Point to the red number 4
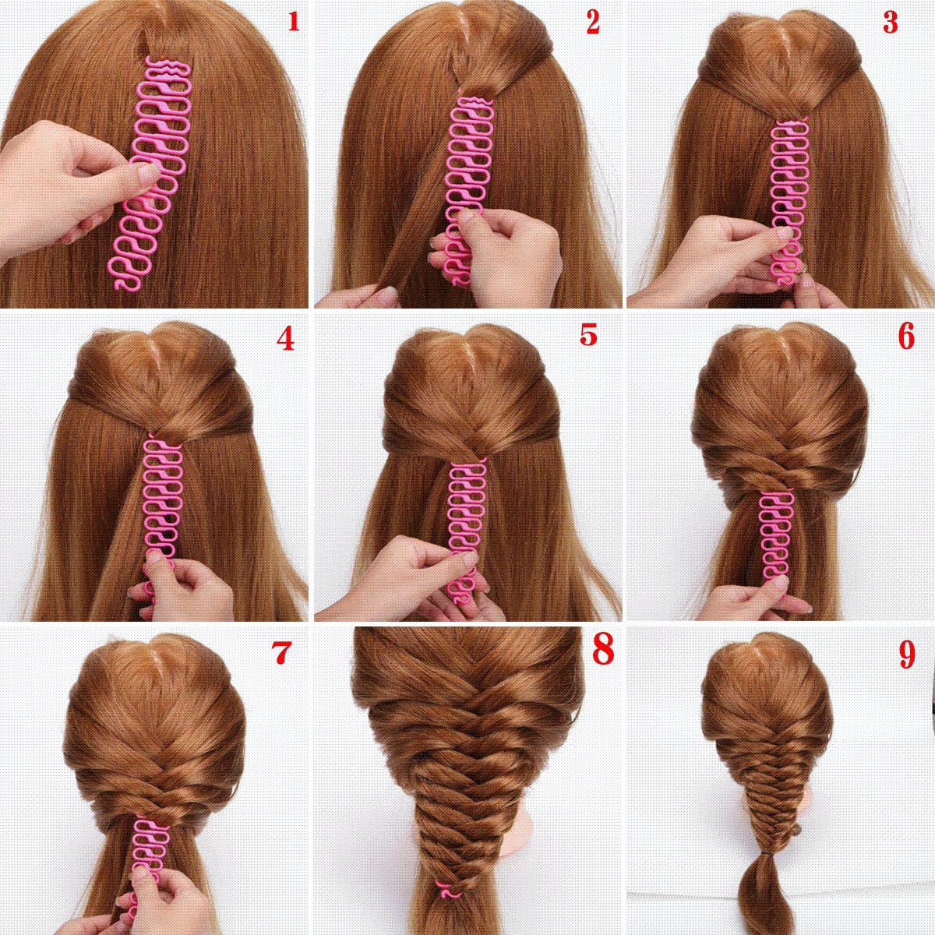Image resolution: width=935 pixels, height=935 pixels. coord(286,338)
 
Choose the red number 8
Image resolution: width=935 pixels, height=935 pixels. coord(602,649)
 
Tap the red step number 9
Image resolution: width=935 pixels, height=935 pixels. coord(906,654)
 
